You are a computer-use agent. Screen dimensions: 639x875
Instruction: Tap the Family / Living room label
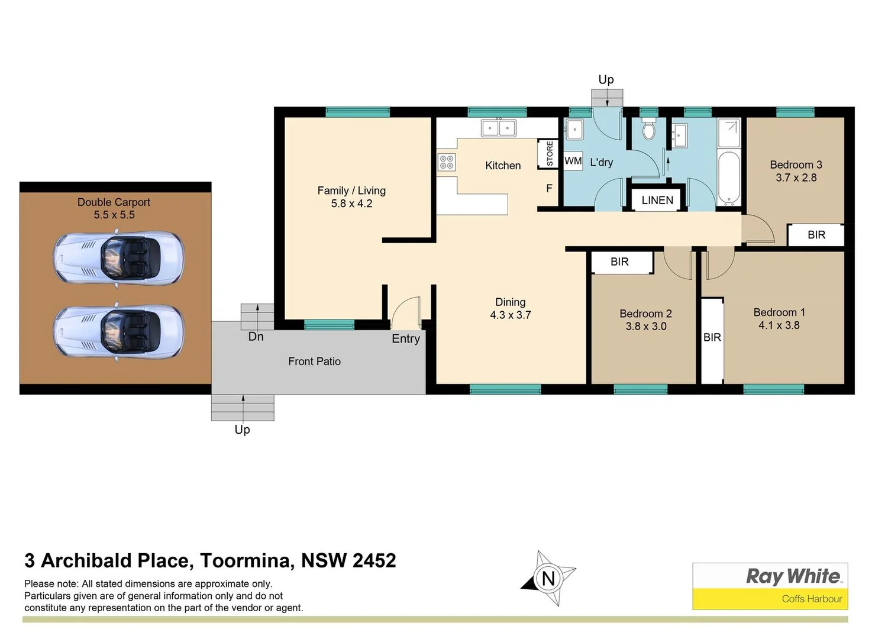click(x=351, y=191)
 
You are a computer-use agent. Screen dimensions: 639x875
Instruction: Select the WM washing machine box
click(x=573, y=161)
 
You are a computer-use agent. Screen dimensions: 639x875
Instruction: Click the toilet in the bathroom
click(x=649, y=130)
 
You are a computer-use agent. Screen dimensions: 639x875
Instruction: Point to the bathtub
click(x=728, y=177)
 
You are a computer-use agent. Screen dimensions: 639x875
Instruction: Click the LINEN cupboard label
click(x=657, y=200)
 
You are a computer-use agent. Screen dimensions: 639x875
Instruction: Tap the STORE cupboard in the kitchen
click(x=549, y=153)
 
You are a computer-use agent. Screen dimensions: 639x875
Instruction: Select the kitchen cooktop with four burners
click(x=447, y=162)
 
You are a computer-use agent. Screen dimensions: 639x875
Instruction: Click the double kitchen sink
click(x=498, y=128)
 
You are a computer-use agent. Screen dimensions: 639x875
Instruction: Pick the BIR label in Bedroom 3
click(x=816, y=235)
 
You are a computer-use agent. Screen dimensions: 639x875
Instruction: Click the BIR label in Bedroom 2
click(x=619, y=262)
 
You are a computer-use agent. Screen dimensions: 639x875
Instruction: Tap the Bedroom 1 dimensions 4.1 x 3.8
click(x=779, y=325)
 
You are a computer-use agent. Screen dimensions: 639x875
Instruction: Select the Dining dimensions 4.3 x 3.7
click(x=510, y=315)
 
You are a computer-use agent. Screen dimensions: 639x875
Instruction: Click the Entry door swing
click(x=406, y=312)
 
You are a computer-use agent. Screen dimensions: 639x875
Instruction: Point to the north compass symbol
click(x=548, y=578)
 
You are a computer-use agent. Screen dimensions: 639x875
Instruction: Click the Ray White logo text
click(x=793, y=576)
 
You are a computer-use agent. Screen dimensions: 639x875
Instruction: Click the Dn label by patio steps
click(x=256, y=337)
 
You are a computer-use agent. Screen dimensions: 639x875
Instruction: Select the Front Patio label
click(x=314, y=362)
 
